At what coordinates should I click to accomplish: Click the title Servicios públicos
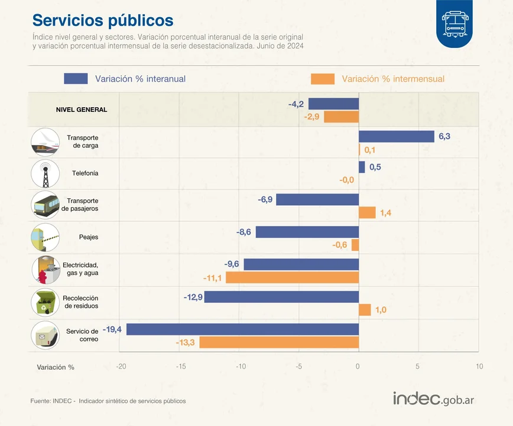point(103,20)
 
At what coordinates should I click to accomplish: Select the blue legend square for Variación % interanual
point(76,79)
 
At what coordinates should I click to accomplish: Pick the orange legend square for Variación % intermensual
point(322,79)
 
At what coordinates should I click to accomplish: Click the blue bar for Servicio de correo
point(242,330)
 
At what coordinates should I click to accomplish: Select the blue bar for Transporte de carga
point(397,137)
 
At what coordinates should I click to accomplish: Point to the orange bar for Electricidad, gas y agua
point(293,277)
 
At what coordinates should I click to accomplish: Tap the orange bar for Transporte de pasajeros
point(367,213)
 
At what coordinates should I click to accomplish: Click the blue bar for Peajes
point(307,232)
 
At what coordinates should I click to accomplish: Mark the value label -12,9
point(193,296)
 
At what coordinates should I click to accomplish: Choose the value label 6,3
point(444,137)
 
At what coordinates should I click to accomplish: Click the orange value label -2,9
point(311,117)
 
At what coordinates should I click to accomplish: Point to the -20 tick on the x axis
point(121,367)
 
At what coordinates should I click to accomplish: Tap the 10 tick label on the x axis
point(479,367)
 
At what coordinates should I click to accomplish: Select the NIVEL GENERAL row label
point(82,110)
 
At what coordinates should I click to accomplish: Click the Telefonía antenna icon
point(45,173)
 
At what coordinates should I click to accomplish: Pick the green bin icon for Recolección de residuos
point(45,302)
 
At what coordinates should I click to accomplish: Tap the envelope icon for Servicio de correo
point(45,334)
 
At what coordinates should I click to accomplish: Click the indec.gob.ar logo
point(433,398)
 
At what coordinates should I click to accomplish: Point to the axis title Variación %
point(56,367)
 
